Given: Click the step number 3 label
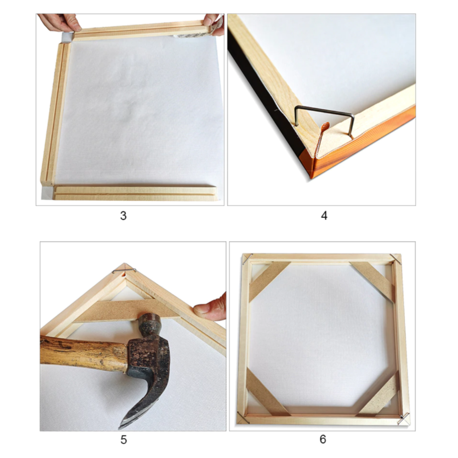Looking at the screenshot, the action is [x=123, y=216].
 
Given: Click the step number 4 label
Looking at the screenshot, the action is [x=324, y=216].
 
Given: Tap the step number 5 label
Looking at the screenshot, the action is [x=123, y=440].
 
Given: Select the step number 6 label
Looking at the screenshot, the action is [x=323, y=439].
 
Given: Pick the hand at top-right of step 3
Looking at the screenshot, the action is [x=213, y=24].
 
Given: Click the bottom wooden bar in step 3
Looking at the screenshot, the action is [x=135, y=193].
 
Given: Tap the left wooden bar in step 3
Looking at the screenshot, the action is [x=55, y=114].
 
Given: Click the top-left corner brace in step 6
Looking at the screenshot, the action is [x=269, y=281].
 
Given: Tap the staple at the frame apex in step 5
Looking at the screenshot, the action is [x=124, y=270].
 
